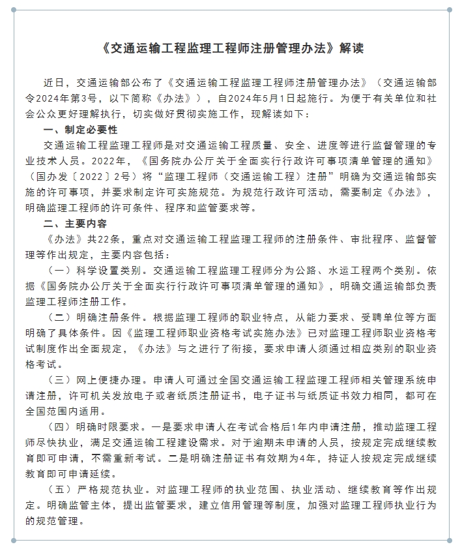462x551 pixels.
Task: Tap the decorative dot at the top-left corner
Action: [x=13, y=10]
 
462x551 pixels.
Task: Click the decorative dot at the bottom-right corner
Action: [x=449, y=540]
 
